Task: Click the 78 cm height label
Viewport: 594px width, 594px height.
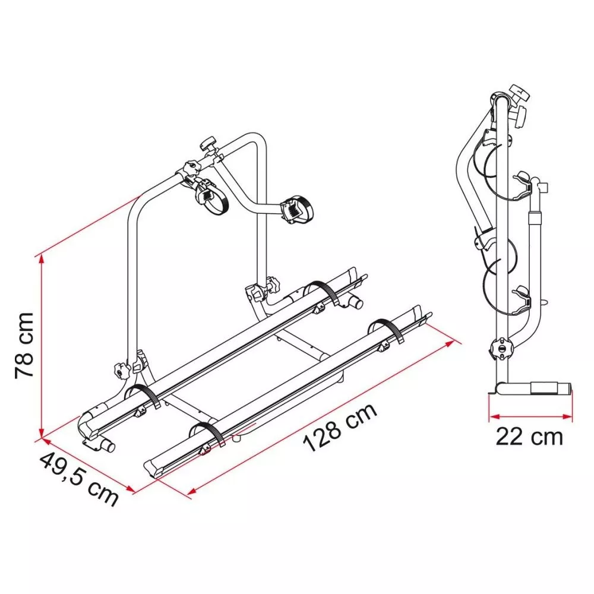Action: [x=24, y=346]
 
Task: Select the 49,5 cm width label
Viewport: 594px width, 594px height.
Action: [x=79, y=479]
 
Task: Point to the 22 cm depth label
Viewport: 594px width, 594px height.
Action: [x=529, y=437]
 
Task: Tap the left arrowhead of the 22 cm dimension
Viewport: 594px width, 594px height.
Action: [x=493, y=417]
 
